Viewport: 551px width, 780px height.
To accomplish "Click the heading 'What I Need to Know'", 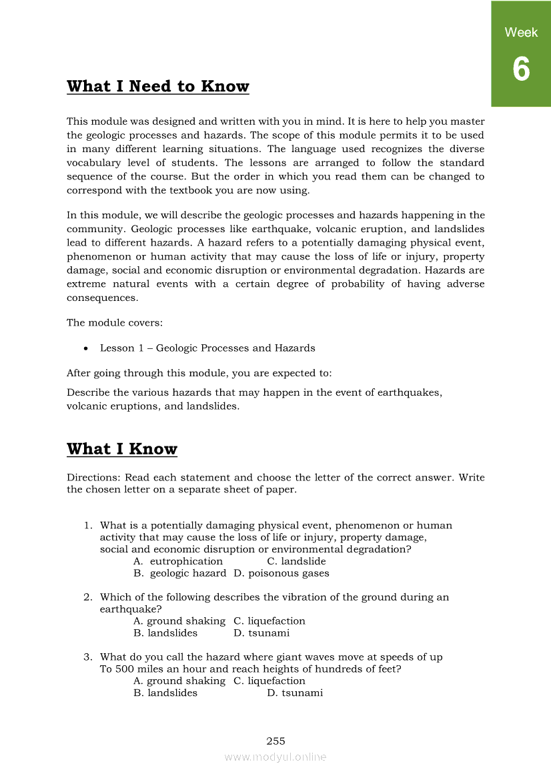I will pyautogui.click(x=158, y=87).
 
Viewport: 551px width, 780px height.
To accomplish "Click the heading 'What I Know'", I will pyautogui.click(x=122, y=449).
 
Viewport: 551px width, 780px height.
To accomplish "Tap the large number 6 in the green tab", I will pyautogui.click(x=521, y=69).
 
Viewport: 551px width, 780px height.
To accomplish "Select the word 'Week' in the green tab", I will pyautogui.click(x=521, y=32).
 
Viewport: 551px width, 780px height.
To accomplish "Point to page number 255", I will pyautogui.click(x=275, y=741).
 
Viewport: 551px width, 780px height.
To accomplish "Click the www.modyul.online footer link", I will pyautogui.click(x=275, y=757).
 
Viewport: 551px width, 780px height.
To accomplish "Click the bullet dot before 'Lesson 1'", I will pyautogui.click(x=86, y=348).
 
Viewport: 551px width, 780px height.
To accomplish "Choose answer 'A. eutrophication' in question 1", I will pyautogui.click(x=178, y=561).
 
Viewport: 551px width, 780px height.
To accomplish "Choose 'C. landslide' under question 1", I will pyautogui.click(x=296, y=561).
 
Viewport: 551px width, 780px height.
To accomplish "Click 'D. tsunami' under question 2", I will pyautogui.click(x=261, y=633).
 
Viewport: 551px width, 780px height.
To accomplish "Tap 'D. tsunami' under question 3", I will pyautogui.click(x=295, y=693).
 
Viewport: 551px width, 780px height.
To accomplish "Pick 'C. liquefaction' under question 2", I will pyautogui.click(x=269, y=621).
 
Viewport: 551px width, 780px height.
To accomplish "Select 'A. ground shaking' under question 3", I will pyautogui.click(x=179, y=681).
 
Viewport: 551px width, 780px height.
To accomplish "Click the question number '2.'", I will pyautogui.click(x=87, y=597).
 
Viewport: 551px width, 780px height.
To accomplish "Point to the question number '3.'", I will pyautogui.click(x=87, y=657).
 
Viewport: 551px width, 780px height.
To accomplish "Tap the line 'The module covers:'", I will pyautogui.click(x=115, y=323).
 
